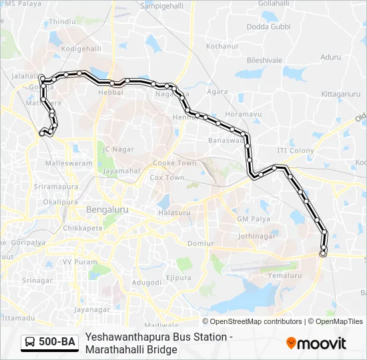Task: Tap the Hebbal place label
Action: pos(111,93)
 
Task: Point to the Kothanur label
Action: pos(222,47)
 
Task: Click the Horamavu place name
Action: pos(241,115)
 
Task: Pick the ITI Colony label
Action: pos(295,151)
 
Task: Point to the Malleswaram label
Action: pos(68,163)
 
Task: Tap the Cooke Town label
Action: pos(174,163)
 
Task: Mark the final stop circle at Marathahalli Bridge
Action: pos(323,253)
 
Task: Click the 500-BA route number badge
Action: pos(57,343)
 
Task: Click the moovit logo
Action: pos(316,343)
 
